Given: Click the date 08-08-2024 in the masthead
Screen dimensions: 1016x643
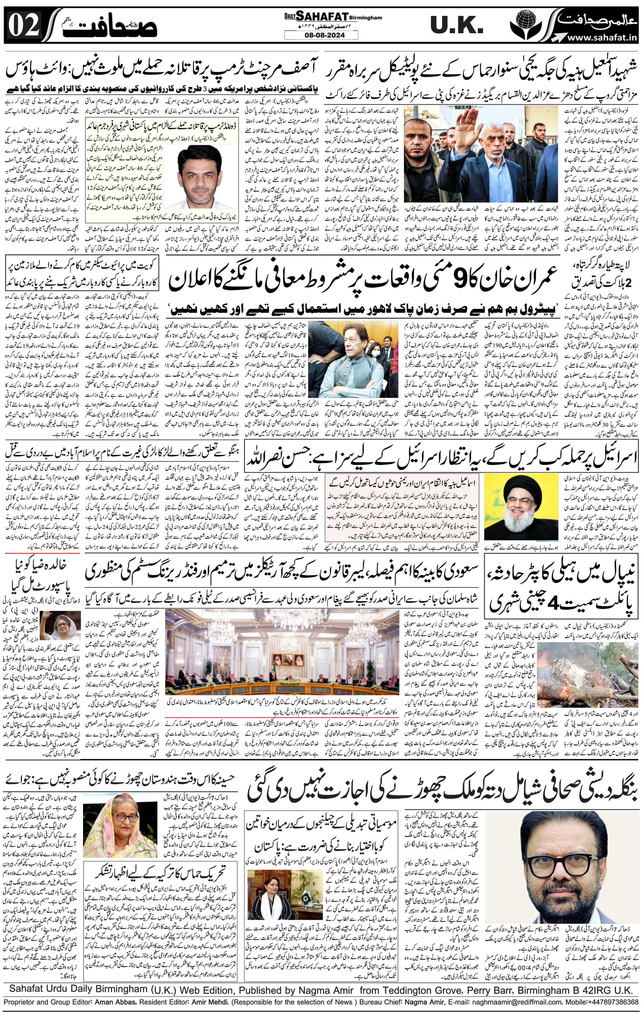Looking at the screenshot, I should pyautogui.click(x=321, y=35).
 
